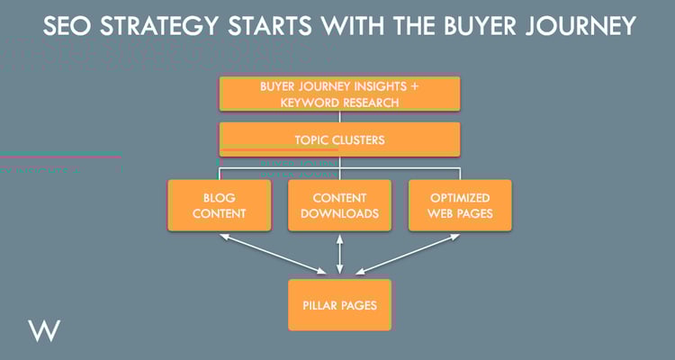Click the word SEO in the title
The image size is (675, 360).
tap(68, 26)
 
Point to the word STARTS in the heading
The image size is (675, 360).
tap(270, 26)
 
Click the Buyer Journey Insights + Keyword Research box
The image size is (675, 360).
tap(339, 94)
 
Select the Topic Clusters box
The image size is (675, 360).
tap(339, 139)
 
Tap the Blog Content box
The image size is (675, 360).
tap(219, 205)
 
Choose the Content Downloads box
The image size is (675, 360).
tap(339, 205)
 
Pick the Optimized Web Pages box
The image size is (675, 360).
tap(460, 205)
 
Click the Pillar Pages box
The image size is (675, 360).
tap(339, 305)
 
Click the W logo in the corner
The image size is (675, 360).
tap(44, 330)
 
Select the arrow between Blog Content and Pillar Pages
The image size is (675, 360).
tap(273, 254)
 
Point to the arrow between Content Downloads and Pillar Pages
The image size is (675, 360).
tap(339, 254)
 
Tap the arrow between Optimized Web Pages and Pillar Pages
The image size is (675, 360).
tap(408, 254)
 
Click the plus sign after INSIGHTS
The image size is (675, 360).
tap(414, 86)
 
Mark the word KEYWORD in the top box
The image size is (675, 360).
tap(306, 103)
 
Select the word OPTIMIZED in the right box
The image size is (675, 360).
tap(460, 198)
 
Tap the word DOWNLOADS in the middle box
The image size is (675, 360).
tap(339, 213)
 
